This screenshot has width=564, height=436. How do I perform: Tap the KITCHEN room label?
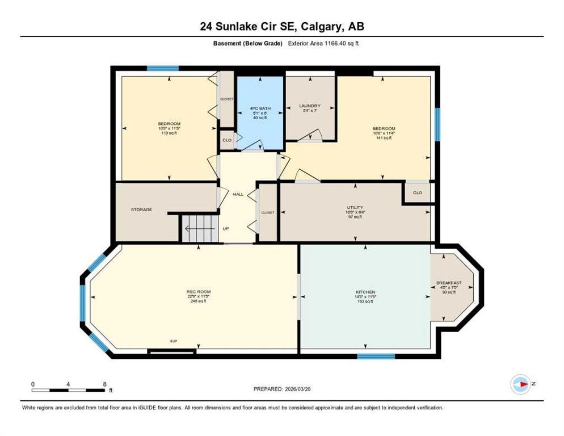click(365, 292)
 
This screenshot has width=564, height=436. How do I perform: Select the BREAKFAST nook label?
click(448, 283)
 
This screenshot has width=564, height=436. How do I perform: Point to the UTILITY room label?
click(355, 208)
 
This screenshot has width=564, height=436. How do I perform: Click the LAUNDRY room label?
click(310, 106)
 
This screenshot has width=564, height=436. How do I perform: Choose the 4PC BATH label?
click(260, 108)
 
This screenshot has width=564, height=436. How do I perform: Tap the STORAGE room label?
click(141, 209)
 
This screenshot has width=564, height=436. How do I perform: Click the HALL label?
click(238, 194)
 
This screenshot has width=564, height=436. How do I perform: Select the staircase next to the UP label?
click(199, 228)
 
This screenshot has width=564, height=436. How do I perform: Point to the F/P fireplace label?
click(174, 341)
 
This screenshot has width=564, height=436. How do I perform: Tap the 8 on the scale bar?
click(104, 384)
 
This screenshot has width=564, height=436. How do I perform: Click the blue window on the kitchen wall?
click(376, 357)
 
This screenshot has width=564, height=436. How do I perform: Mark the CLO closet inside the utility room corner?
click(418, 192)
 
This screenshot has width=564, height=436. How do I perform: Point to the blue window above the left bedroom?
click(163, 69)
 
